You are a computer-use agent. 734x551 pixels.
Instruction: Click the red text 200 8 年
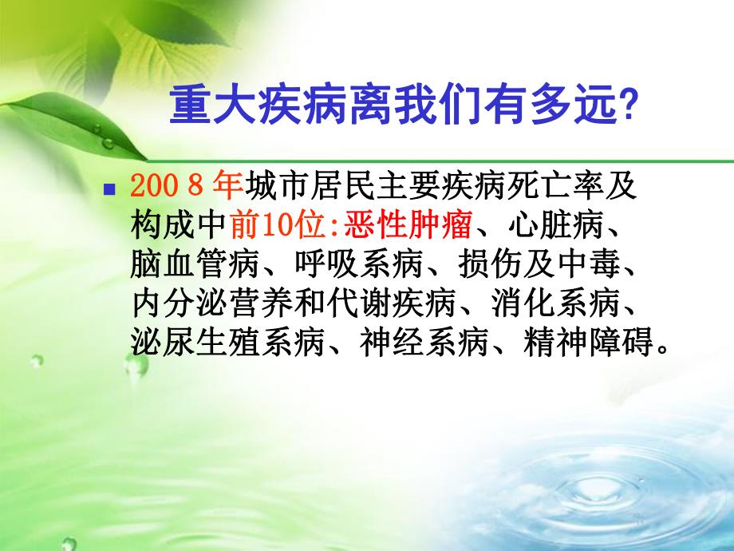click(185, 187)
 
